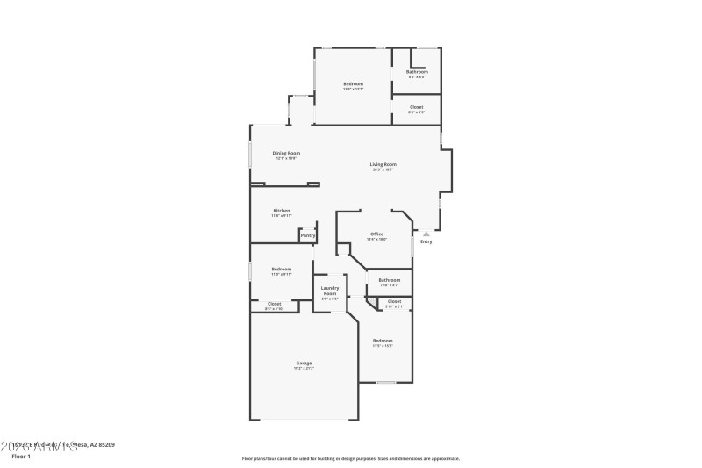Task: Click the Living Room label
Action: pos(383,164)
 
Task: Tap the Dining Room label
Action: pos(286,153)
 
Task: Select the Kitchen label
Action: pos(281,211)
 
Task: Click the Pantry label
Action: pos(307,235)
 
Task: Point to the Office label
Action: pos(376,234)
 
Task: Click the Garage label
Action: pos(304,363)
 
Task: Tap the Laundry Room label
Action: pos(330,291)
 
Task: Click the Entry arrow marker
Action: pos(426,234)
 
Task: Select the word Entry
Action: pos(426,241)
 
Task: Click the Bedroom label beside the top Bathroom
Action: pos(353,84)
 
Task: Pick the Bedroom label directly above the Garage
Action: pos(281,269)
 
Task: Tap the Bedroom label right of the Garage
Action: pos(383,340)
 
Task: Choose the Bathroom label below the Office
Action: pos(390,280)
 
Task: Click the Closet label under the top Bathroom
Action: pos(417,107)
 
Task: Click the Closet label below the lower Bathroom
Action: pos(394,301)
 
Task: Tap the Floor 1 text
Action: pos(21,456)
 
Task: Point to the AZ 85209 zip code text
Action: pos(102,445)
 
